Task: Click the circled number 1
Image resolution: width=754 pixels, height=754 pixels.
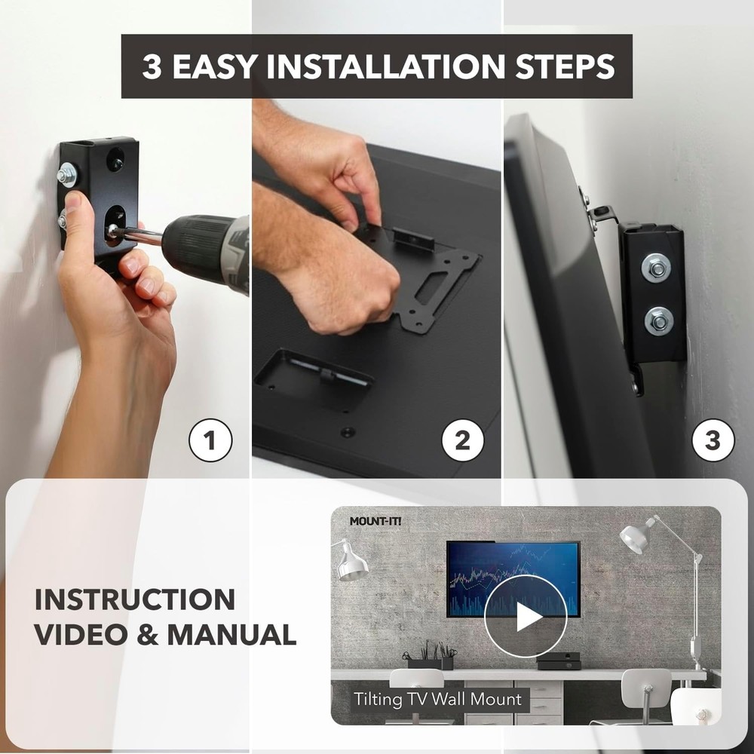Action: click(210, 440)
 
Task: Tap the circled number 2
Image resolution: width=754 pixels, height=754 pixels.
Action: click(462, 440)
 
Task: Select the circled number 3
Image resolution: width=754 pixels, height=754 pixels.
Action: click(713, 440)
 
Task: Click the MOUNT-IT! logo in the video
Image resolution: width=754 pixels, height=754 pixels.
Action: click(375, 521)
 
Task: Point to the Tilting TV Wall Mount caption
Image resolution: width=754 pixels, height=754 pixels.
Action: click(438, 699)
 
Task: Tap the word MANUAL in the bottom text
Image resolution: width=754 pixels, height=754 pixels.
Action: click(231, 634)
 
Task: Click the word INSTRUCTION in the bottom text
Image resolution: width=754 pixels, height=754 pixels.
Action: click(135, 600)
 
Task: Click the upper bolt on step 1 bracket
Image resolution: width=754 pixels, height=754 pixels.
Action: click(66, 177)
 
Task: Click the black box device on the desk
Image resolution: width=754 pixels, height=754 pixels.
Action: click(559, 661)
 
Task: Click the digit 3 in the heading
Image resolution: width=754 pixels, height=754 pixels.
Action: click(153, 66)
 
